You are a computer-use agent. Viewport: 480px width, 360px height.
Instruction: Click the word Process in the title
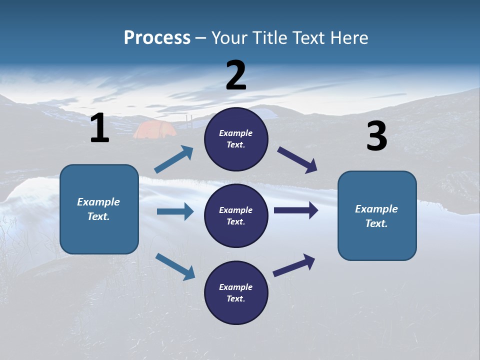pos(157,38)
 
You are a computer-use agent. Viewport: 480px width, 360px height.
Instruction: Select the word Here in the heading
pos(348,38)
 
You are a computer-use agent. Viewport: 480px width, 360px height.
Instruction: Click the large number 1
pos(99,128)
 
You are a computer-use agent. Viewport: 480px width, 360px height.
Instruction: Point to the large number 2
pos(236,75)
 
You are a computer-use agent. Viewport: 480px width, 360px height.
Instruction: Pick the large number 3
pos(376,136)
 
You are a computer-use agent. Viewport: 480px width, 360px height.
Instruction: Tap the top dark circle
pos(236,139)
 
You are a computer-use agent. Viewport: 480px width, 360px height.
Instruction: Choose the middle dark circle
pos(236,215)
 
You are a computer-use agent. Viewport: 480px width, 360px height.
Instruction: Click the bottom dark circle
pos(236,292)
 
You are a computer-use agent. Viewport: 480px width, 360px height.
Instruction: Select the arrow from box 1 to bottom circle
pos(175,266)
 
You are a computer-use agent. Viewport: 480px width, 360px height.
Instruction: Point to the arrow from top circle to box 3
pos(297,160)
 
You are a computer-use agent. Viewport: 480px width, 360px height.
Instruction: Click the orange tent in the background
pos(154,129)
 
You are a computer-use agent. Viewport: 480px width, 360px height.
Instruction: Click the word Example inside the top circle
pos(236,133)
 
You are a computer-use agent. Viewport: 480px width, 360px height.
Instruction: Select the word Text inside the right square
pos(376,223)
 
